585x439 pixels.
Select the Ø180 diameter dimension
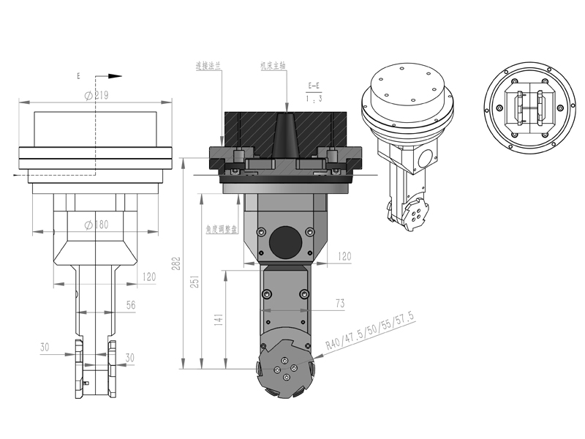[96, 225]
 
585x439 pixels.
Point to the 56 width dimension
[131, 305]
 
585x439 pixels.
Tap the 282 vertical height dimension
[175, 264]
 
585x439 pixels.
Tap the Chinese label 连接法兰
[208, 65]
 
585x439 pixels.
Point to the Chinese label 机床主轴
[271, 65]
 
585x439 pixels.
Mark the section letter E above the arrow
[78, 75]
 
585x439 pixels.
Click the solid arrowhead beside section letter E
[113, 75]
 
